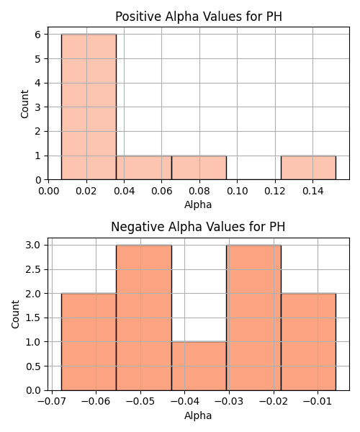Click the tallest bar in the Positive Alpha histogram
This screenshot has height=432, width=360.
point(89,107)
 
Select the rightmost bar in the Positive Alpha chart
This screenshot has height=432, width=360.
point(308,168)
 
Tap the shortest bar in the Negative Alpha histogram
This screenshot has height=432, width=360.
point(199,366)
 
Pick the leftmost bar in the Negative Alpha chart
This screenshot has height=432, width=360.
point(89,342)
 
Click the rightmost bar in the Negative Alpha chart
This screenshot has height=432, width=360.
point(308,342)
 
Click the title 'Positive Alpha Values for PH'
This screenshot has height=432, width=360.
point(199,17)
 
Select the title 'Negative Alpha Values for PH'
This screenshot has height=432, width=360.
point(198,227)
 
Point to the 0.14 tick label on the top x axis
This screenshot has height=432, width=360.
point(312,191)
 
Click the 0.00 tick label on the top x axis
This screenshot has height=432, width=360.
point(48,191)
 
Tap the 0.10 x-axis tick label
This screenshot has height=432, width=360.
point(237,191)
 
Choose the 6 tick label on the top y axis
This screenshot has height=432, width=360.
point(38,35)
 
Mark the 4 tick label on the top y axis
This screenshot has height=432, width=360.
point(38,83)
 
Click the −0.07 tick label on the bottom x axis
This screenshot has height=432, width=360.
point(52,402)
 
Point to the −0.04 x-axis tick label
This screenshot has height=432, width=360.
point(184,402)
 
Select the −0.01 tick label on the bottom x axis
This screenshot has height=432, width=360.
point(318,402)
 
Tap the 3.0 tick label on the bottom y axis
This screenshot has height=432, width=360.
point(33,245)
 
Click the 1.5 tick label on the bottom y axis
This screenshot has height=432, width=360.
point(33,318)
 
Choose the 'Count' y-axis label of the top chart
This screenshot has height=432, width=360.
point(24,104)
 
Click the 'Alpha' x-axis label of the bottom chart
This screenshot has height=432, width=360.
point(198,415)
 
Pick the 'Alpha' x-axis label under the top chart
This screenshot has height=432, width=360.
point(198,204)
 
